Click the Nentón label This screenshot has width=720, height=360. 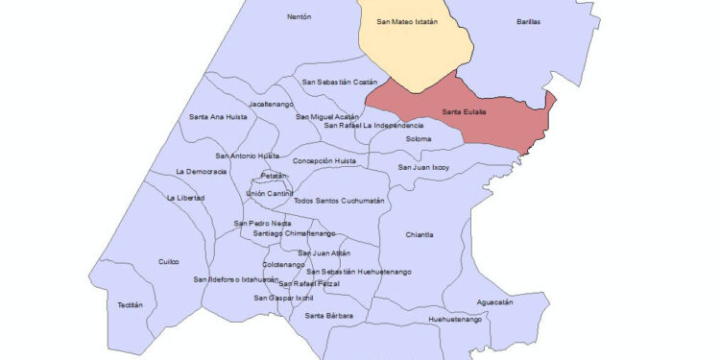pos(300,16)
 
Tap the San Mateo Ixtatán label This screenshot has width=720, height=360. pos(407,21)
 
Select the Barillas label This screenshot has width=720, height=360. pos(528,21)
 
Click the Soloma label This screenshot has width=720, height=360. pos(419,139)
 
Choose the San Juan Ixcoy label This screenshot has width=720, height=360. pos(423,167)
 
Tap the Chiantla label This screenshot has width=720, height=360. pos(420,234)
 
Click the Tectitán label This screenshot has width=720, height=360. pos(131,304)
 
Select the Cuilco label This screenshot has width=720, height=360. pos(169,261)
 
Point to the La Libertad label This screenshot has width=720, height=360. pos(184,198)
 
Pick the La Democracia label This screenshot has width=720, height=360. pos(202,171)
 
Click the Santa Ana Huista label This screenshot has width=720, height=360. pos(218,117)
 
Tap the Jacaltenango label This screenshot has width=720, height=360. pos(270,103)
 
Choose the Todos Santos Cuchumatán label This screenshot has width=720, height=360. pos(338,201)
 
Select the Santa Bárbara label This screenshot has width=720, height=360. pos(329,315)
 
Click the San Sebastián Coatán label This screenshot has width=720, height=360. pos(340,83)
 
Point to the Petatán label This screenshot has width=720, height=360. pos(275,176)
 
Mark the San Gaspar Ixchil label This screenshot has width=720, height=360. pos(284,298)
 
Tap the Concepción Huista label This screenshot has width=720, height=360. pos(324,160)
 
